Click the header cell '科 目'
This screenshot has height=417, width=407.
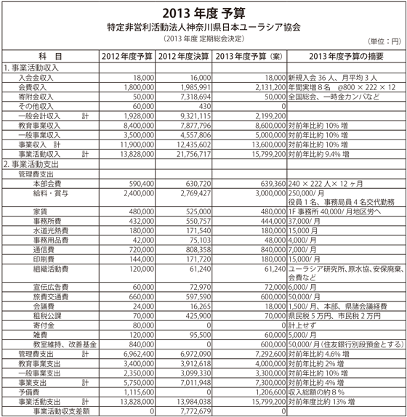(x=49, y=55)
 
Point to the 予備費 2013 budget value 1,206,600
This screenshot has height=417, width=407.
(x=264, y=392)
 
